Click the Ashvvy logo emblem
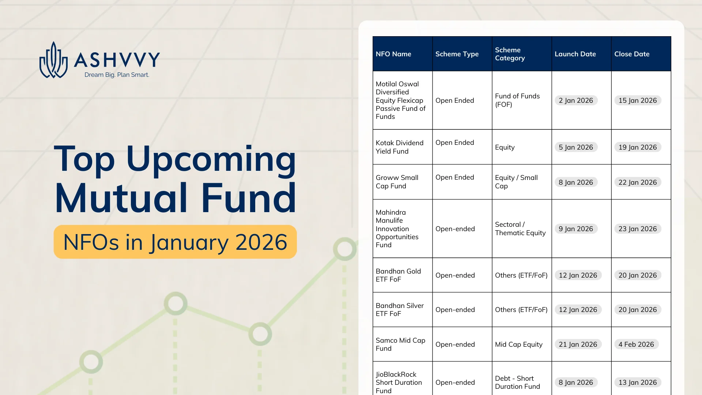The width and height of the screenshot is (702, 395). click(x=53, y=60)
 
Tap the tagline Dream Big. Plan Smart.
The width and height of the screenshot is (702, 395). click(x=117, y=75)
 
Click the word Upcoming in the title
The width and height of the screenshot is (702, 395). click(x=211, y=159)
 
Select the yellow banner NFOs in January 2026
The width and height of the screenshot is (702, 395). click(x=175, y=242)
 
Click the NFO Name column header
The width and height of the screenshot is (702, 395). click(x=393, y=54)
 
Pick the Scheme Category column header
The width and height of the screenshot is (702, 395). click(x=510, y=54)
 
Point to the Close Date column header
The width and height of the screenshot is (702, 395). click(x=632, y=54)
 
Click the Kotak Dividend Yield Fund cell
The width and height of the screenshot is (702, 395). click(x=399, y=147)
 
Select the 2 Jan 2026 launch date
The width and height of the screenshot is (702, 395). click(x=576, y=101)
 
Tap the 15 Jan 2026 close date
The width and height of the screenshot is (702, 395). click(x=637, y=101)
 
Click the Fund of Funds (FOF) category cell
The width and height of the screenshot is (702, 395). click(x=517, y=100)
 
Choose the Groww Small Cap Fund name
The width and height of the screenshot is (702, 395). click(x=397, y=182)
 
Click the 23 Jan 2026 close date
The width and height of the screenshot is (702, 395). click(x=637, y=229)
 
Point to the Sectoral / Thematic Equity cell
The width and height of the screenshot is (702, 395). click(x=520, y=229)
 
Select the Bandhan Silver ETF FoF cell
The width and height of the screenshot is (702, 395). click(x=399, y=309)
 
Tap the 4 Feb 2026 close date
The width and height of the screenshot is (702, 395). click(x=636, y=345)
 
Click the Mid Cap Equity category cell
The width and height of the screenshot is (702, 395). click(x=518, y=345)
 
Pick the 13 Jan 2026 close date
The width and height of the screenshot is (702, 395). click(x=637, y=383)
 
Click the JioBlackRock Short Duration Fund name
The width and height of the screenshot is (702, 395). click(x=399, y=382)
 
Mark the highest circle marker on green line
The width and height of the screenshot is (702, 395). click(x=344, y=249)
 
